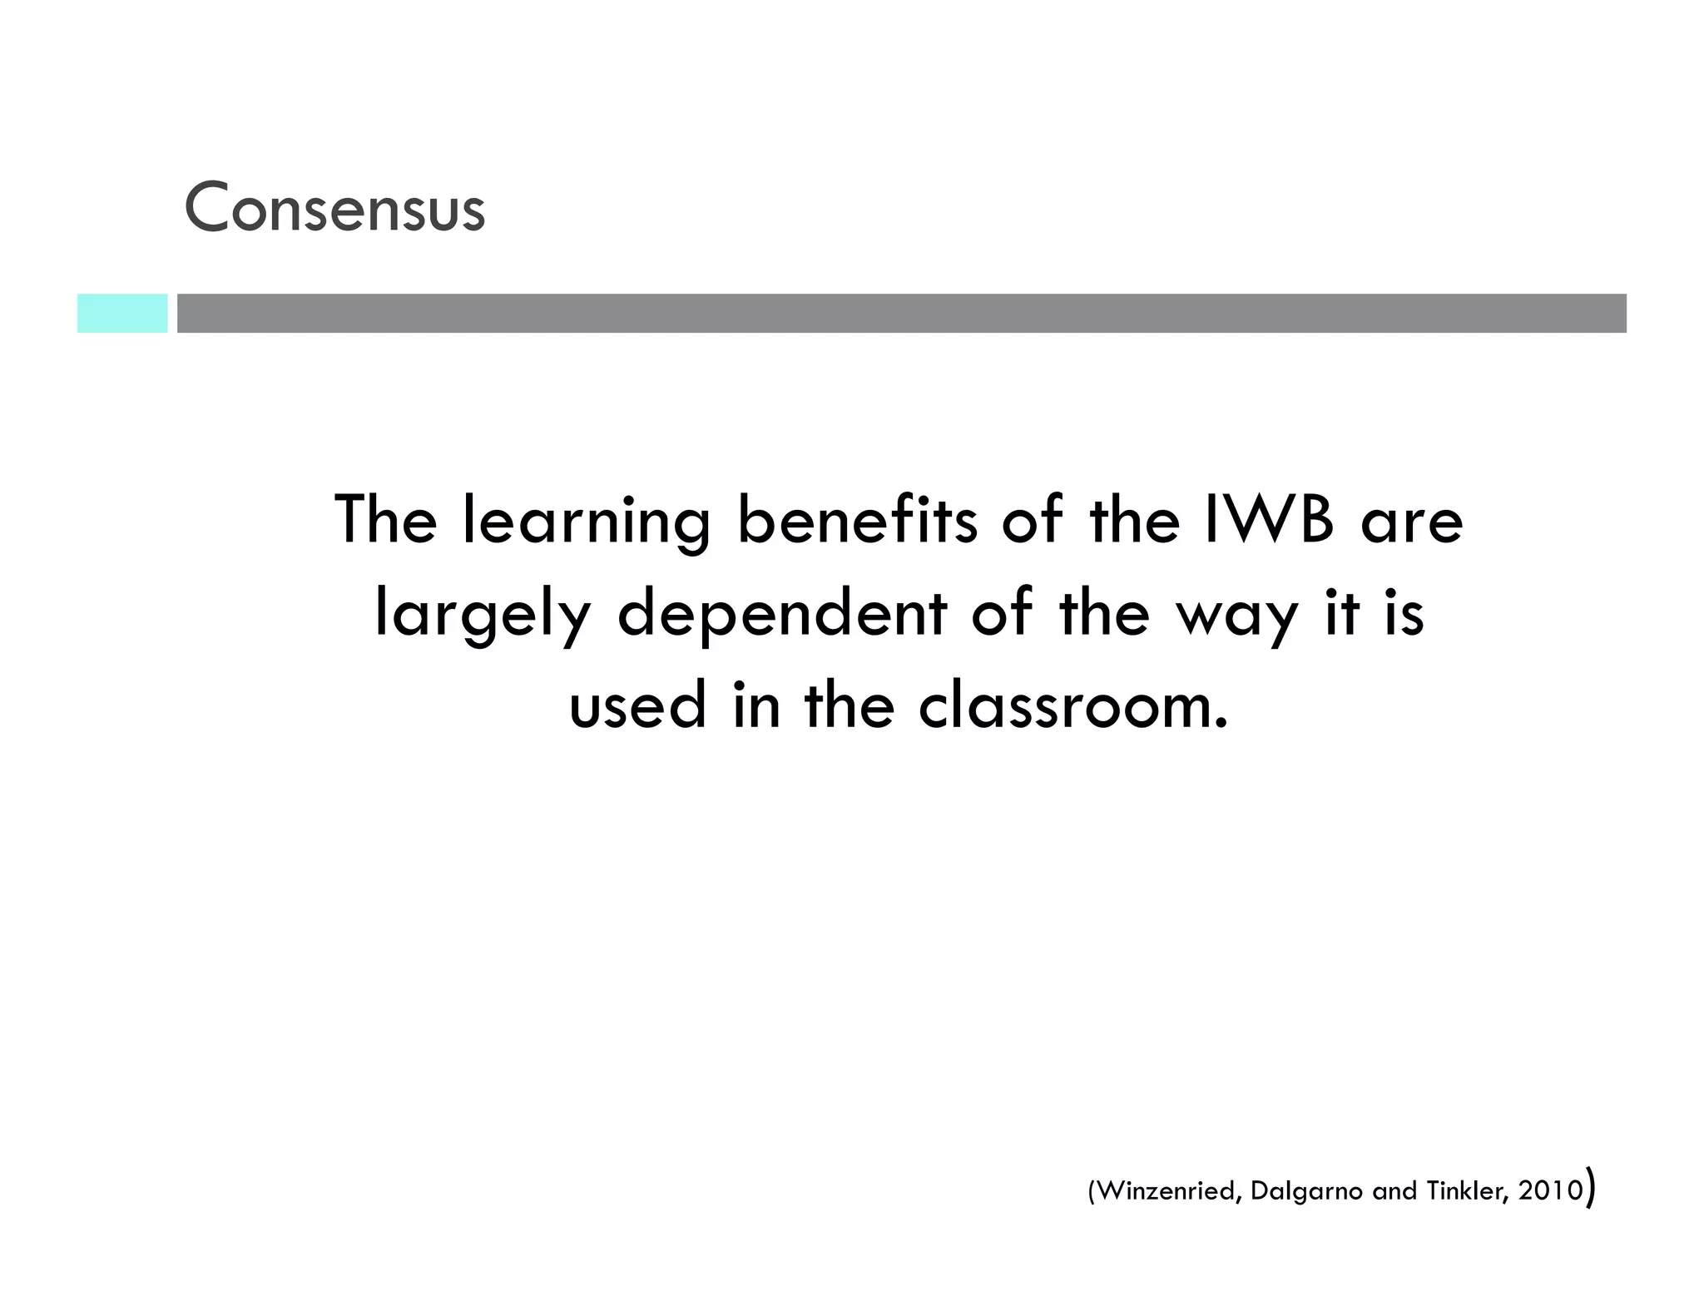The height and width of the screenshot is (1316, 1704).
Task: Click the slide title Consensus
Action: pyautogui.click(x=334, y=208)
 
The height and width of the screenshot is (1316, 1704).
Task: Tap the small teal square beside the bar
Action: pyautogui.click(x=122, y=314)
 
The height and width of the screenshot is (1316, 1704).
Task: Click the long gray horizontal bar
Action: pyautogui.click(x=901, y=314)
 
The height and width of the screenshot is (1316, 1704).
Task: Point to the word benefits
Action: pyautogui.click(x=857, y=520)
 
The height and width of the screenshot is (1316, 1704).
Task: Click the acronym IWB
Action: pyautogui.click(x=1268, y=520)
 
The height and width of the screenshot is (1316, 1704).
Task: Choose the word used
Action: pyautogui.click(x=637, y=705)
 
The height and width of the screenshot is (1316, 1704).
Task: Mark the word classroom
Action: pyautogui.click(x=1073, y=705)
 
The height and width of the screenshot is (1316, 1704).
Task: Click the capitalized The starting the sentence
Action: pyautogui.click(x=386, y=520)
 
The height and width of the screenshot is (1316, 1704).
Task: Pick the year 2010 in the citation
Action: pyautogui.click(x=1550, y=1191)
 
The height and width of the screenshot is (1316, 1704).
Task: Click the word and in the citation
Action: pyautogui.click(x=1394, y=1191)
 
